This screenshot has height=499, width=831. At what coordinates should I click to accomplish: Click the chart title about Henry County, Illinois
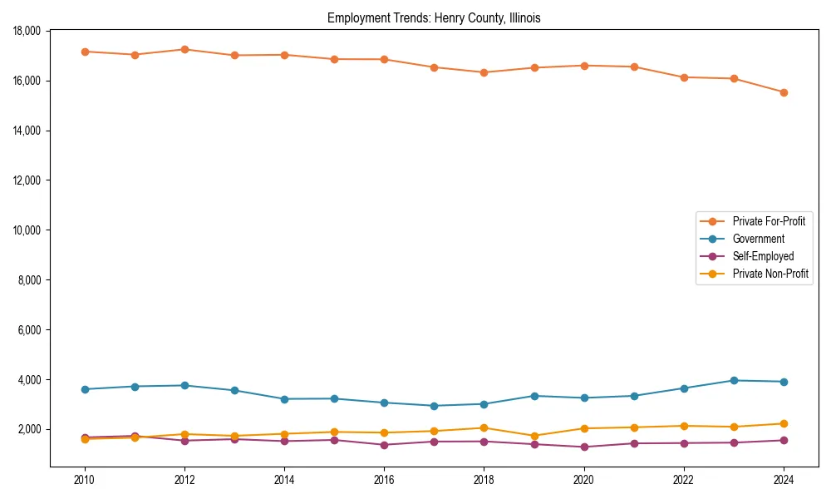[434, 17]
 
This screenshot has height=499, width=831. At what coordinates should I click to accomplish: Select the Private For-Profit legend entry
[769, 221]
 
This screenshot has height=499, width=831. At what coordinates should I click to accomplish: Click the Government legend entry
[758, 239]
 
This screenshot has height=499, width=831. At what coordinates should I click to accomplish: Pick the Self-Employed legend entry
[763, 256]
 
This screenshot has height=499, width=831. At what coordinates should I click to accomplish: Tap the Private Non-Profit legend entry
[770, 274]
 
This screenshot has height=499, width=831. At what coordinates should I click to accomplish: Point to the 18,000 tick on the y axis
[29, 31]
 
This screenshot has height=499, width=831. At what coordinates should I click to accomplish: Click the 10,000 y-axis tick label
[29, 230]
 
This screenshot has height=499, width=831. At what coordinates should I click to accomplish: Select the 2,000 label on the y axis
[32, 429]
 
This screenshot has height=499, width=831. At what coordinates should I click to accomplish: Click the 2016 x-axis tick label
[384, 480]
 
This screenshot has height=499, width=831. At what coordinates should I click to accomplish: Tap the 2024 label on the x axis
[784, 480]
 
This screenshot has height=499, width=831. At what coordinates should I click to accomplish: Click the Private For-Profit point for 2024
[784, 92]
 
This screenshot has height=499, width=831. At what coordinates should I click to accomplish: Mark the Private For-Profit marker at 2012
[184, 49]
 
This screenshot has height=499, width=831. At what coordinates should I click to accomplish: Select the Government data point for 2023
[734, 380]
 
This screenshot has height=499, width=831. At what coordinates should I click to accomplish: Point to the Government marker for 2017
[434, 406]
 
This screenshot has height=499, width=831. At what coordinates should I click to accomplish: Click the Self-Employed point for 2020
[584, 447]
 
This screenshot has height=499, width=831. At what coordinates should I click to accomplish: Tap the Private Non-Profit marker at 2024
[784, 423]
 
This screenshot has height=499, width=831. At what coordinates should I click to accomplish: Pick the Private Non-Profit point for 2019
[534, 436]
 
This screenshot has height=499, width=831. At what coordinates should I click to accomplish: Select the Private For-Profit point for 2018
[484, 72]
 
